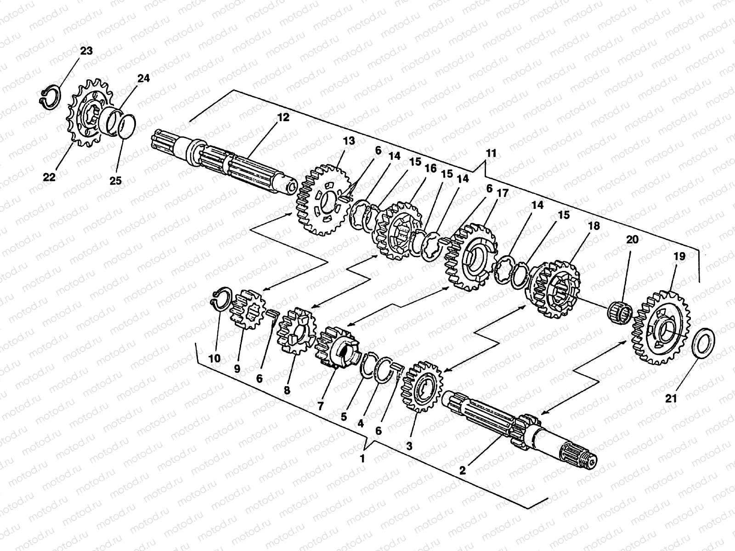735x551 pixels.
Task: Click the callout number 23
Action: tap(86, 51)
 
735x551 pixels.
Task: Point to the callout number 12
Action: tap(283, 118)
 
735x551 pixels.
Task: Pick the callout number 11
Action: tap(491, 153)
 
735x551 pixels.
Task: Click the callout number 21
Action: tap(671, 399)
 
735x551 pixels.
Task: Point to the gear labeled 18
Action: tap(554, 289)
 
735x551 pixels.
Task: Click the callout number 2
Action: tap(463, 470)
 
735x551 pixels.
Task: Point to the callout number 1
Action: tap(363, 458)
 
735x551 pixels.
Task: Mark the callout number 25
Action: tap(116, 180)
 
